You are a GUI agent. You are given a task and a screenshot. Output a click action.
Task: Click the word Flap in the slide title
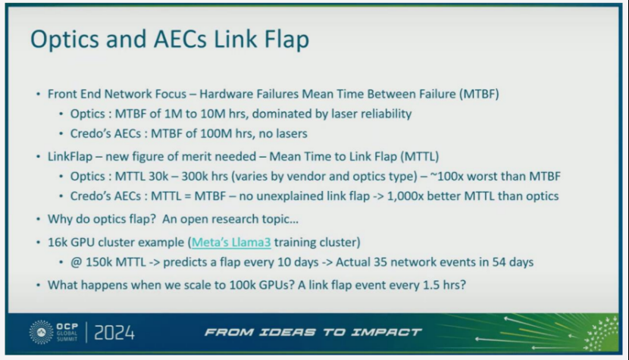[x=286, y=39]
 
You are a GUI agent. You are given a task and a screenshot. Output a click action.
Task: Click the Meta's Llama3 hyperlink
[x=231, y=242]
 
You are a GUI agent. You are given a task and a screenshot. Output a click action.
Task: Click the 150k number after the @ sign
[x=100, y=262]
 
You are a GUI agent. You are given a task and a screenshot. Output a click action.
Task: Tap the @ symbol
[x=77, y=262]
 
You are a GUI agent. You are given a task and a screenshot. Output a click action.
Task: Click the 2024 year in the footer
[x=114, y=333]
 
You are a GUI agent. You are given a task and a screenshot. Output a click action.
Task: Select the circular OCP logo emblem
[x=41, y=332]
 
